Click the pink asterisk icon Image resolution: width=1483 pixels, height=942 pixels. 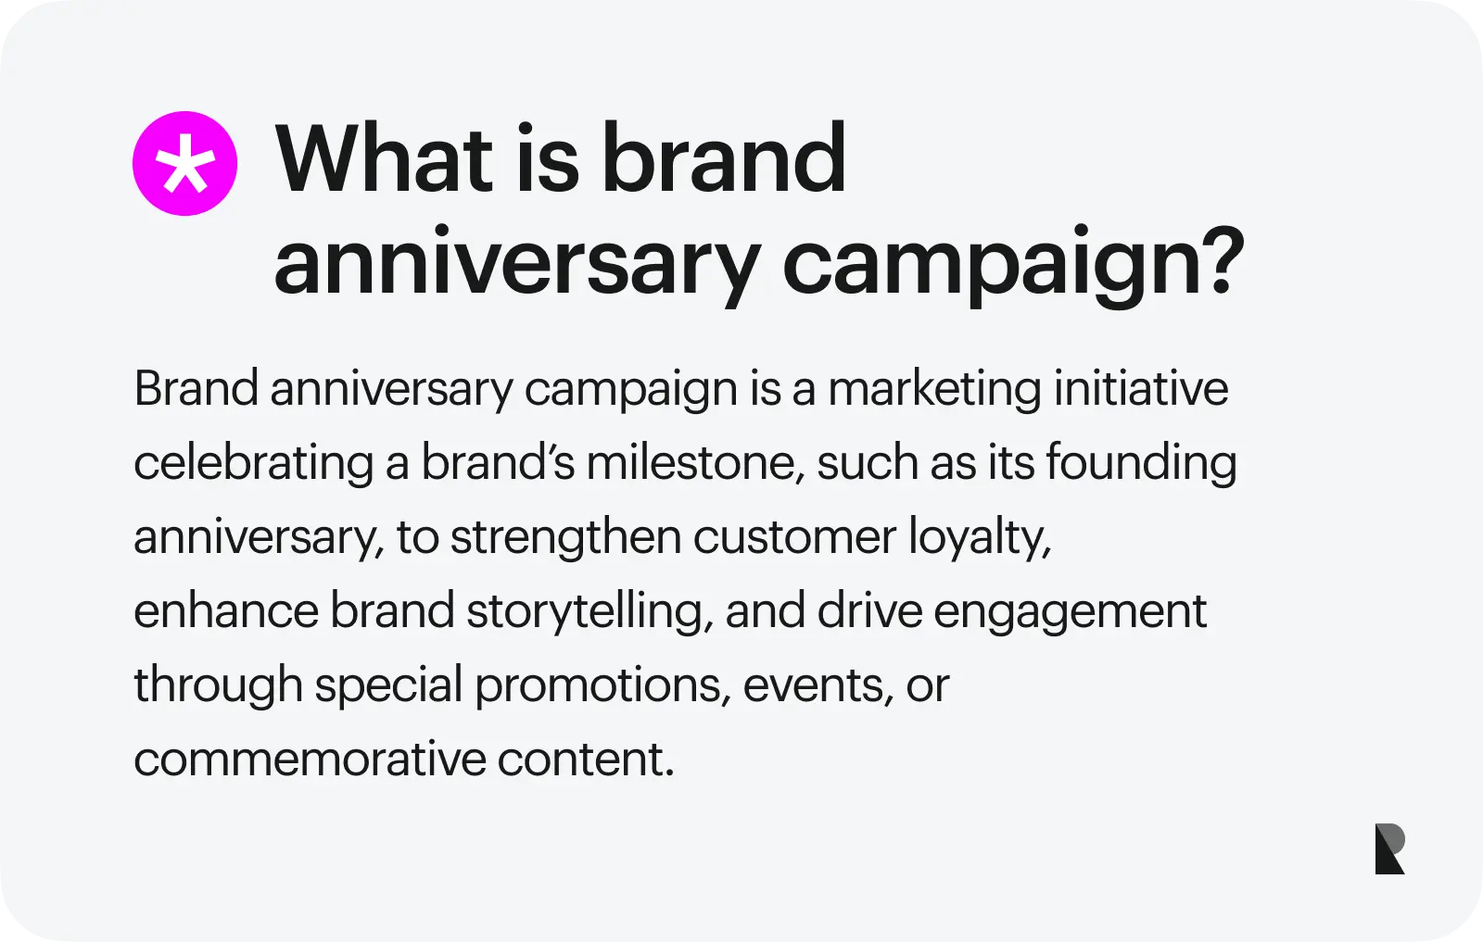[x=184, y=164]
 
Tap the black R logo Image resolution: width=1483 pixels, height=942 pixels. [x=1389, y=848]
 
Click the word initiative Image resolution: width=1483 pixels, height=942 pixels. [x=1141, y=389]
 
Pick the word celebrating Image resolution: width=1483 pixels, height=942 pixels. [x=253, y=463]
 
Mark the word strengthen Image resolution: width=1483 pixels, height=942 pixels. [x=566, y=537]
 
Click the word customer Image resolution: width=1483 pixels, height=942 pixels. [x=794, y=537]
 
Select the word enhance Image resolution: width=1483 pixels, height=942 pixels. [x=226, y=611]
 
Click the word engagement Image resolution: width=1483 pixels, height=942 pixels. [x=1070, y=611]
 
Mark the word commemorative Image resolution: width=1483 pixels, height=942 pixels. [x=310, y=760]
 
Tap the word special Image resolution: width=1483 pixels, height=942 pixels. [x=388, y=685]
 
